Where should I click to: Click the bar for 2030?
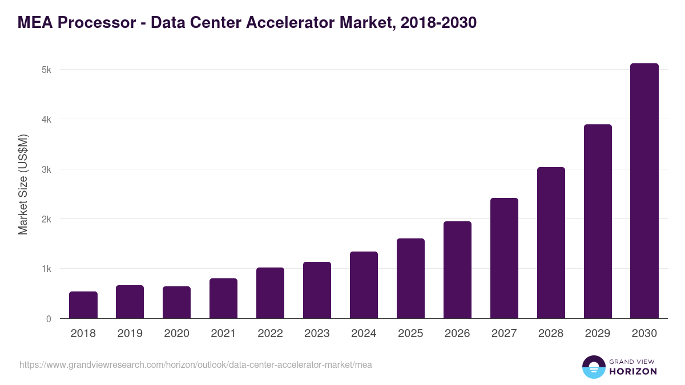(x=644, y=191)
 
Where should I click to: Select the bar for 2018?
(x=83, y=305)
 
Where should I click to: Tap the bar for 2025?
(x=411, y=278)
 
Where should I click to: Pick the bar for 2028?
(x=551, y=243)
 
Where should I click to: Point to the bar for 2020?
(x=177, y=302)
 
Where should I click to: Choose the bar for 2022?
(x=271, y=293)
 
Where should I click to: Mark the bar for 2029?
(x=598, y=221)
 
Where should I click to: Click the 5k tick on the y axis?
(x=46, y=70)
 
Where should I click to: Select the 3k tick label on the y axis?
(x=46, y=169)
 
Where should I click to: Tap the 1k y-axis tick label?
(x=46, y=269)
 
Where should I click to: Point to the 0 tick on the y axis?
(x=49, y=319)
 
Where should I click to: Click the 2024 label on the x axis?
(x=364, y=334)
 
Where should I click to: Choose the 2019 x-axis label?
(x=130, y=334)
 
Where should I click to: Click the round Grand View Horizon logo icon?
(x=594, y=367)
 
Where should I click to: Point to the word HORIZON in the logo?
(x=633, y=371)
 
